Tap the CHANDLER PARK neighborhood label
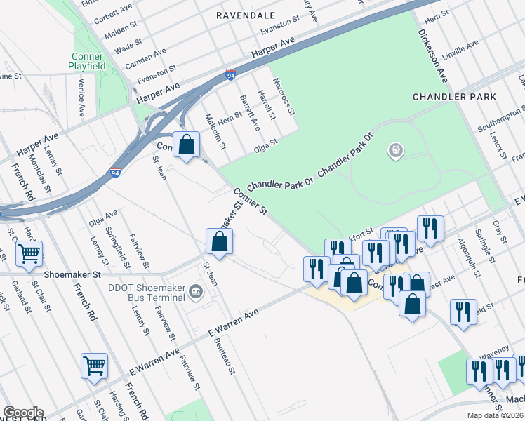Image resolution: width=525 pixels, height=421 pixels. [x=454, y=97]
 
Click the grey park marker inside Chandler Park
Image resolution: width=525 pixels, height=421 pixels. [x=396, y=150]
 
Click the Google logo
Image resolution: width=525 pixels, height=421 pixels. [x=22, y=412]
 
